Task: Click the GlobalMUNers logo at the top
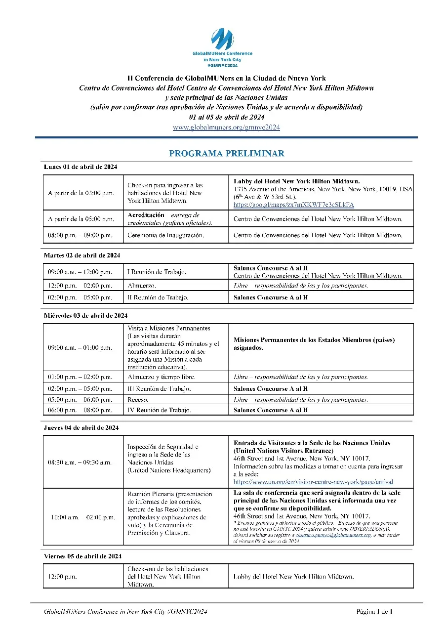tap(222, 40)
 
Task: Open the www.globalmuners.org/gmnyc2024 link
tap(226, 127)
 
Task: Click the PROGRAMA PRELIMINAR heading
tap(226, 154)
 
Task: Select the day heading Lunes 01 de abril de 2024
tap(81, 167)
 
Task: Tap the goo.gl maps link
tap(293, 205)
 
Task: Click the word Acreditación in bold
tap(146, 215)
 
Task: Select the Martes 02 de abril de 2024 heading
tap(82, 255)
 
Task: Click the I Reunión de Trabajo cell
tap(157, 272)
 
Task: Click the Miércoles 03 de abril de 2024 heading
tap(85, 315)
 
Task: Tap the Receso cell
tap(138, 399)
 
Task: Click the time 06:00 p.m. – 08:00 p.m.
tap(80, 410)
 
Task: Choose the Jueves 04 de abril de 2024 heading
tap(81, 427)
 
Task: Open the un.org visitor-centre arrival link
tap(313, 481)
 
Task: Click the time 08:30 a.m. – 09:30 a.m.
tap(80, 462)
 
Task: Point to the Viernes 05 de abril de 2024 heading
tap(82, 556)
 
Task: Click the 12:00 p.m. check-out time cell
tap(62, 576)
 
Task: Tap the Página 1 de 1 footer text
tap(374, 612)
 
